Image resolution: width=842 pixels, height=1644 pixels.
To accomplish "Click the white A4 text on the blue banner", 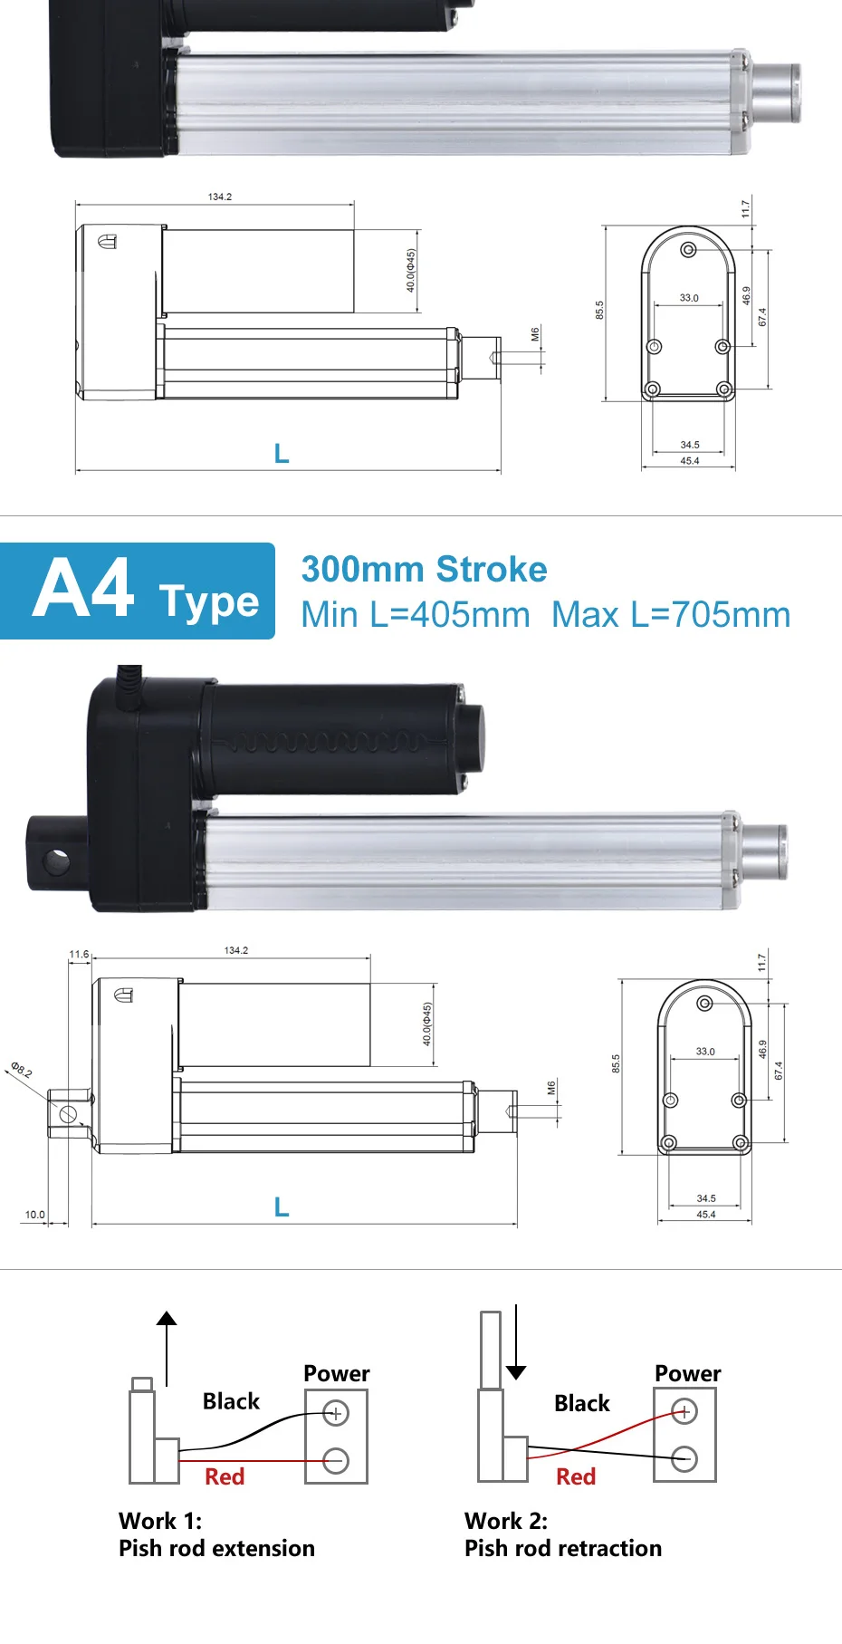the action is (84, 589).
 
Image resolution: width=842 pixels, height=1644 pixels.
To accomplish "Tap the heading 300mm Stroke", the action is (424, 570).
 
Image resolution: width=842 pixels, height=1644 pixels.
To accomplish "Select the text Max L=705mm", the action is (671, 615).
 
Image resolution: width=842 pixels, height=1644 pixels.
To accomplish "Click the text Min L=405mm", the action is (416, 615).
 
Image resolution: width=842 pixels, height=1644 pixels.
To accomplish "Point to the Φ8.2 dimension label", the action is (22, 1069).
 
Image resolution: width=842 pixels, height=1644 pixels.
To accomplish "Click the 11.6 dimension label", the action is (79, 955).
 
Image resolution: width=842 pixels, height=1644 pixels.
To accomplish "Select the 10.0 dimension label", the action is (34, 1215).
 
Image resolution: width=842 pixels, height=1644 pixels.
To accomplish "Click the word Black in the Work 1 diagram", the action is (231, 1401).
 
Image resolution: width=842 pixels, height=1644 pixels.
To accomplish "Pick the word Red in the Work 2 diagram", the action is (576, 1477).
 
